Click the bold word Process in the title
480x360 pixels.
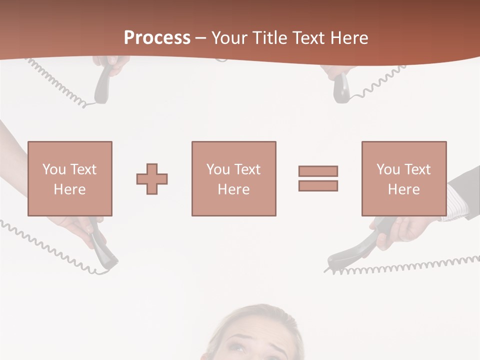pyautogui.click(x=157, y=38)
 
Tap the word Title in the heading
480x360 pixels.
pyautogui.click(x=270, y=38)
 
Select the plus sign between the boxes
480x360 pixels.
pyautogui.click(x=152, y=179)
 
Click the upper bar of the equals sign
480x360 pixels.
pyautogui.click(x=318, y=171)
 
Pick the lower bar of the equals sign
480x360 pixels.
pyautogui.click(x=318, y=185)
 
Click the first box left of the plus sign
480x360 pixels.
pyautogui.click(x=69, y=178)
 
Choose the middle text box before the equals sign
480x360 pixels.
pyautogui.click(x=233, y=178)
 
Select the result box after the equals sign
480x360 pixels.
pyautogui.click(x=403, y=178)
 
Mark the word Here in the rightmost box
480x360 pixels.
pyautogui.click(x=403, y=189)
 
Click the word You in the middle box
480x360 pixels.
pyautogui.click(x=218, y=169)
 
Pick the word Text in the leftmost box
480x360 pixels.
pyautogui.click(x=83, y=169)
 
